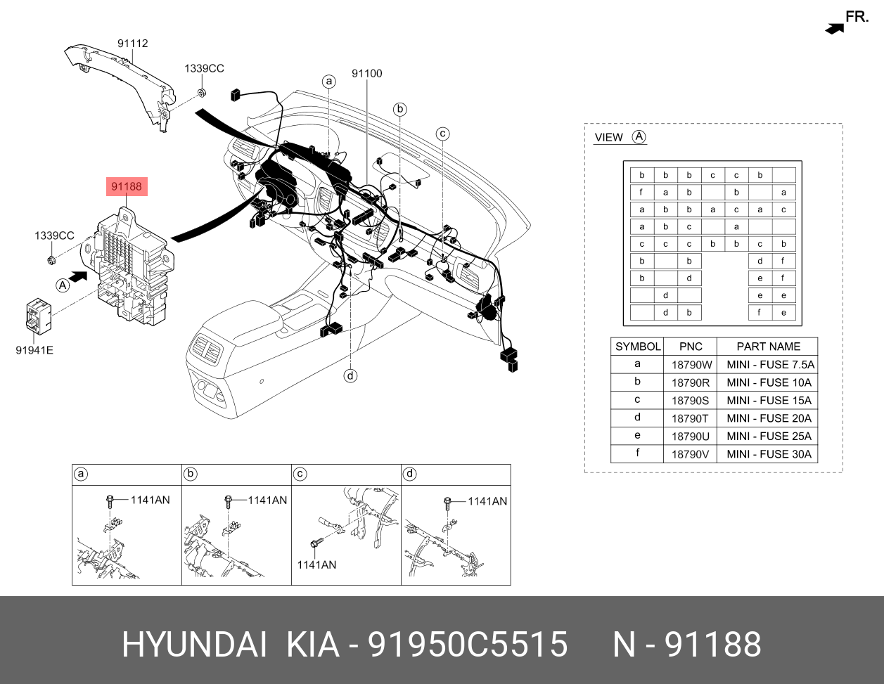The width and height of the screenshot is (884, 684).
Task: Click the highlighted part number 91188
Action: click(x=127, y=186)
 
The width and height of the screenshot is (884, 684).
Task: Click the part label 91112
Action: click(x=132, y=44)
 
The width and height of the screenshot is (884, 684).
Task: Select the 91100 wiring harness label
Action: click(x=366, y=74)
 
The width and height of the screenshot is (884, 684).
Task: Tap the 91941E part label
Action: click(x=34, y=349)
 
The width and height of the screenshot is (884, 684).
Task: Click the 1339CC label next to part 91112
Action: click(x=204, y=68)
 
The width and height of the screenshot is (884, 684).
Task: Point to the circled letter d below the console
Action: click(x=350, y=376)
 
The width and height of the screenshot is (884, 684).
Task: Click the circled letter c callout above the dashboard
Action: click(x=442, y=134)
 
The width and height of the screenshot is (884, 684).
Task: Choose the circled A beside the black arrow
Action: click(x=63, y=285)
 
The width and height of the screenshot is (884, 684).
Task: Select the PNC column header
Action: click(x=691, y=347)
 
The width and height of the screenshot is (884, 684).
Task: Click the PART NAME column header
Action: click(x=768, y=347)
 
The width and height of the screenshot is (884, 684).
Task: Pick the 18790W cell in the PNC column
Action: click(x=691, y=365)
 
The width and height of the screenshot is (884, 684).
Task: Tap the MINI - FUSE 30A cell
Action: click(x=768, y=454)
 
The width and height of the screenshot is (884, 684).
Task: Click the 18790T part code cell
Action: click(x=691, y=418)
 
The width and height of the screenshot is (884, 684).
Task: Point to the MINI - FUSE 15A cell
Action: click(x=768, y=401)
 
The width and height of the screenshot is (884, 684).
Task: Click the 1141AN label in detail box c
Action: click(x=316, y=564)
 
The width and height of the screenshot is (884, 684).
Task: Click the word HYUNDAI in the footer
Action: click(x=194, y=645)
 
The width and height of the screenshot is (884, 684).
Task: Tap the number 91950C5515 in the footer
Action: click(x=468, y=645)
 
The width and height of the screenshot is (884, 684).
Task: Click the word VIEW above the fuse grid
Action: click(x=608, y=138)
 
